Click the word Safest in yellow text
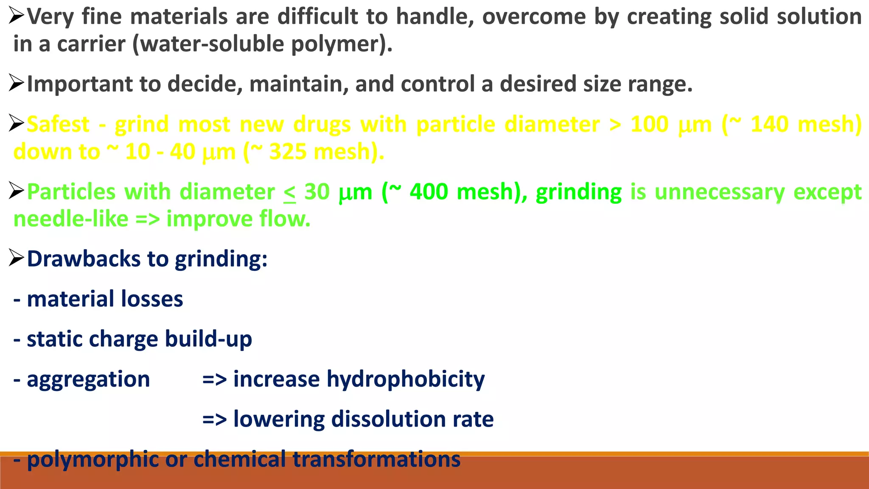58,124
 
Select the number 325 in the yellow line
288,152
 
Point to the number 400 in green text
429,192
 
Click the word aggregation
88,379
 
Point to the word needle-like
71,219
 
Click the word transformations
376,459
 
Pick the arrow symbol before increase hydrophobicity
214,379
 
